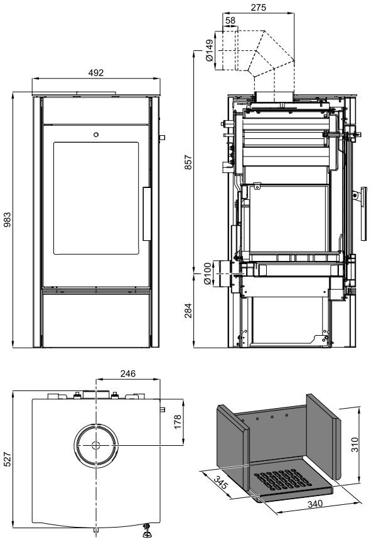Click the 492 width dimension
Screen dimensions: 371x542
coord(96,72)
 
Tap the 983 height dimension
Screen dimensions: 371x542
coord(7,219)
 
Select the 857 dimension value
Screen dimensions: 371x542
coord(188,162)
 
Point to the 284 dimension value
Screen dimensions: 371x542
coord(188,311)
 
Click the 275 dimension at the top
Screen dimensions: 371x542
coord(259,8)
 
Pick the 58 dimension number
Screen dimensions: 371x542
coord(230,20)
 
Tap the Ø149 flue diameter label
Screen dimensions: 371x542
coord(210,50)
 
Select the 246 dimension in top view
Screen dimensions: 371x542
coord(128,373)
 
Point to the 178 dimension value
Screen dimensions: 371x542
coord(178,422)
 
